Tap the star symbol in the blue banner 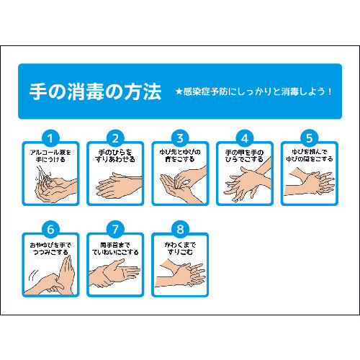180,93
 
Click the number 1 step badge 50,138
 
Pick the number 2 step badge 114,138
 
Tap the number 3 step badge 180,138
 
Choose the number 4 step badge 245,138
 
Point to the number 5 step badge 310,138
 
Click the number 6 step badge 50,230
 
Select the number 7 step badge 114,230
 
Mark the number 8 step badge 180,230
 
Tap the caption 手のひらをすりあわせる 114,157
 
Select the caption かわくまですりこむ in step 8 180,250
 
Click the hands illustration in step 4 246,184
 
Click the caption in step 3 180,157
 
